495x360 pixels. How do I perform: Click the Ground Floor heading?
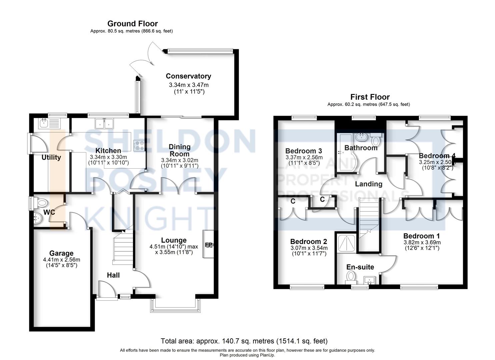(x=132, y=24)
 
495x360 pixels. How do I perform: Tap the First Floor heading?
(x=370, y=97)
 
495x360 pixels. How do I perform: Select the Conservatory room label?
(x=188, y=76)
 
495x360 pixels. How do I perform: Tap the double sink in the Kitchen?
(x=104, y=123)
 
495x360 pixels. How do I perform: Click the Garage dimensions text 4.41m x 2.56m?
(x=62, y=260)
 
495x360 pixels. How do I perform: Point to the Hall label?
(x=113, y=275)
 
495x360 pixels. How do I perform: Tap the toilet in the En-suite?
(x=351, y=276)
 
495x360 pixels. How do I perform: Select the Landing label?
(x=368, y=184)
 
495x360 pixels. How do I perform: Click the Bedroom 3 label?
(x=303, y=151)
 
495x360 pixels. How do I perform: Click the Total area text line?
(x=244, y=341)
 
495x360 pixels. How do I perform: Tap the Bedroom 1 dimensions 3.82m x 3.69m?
(x=422, y=242)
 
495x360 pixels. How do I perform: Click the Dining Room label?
(x=179, y=150)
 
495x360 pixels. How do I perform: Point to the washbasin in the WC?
(x=37, y=218)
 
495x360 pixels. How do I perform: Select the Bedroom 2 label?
(x=308, y=242)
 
